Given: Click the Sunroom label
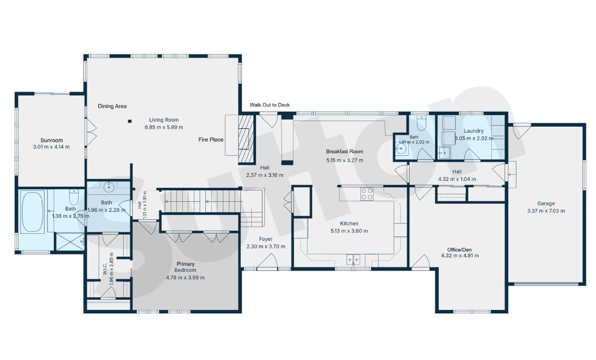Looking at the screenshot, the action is pyautogui.click(x=52, y=140).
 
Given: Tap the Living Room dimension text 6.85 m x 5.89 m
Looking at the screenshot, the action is pyautogui.click(x=164, y=127).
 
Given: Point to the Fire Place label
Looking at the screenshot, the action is pyautogui.click(x=211, y=140).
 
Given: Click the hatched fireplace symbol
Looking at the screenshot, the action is pyautogui.click(x=246, y=138).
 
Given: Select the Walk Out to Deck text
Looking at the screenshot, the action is pyautogui.click(x=269, y=105).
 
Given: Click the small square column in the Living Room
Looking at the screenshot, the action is pyautogui.click(x=130, y=121).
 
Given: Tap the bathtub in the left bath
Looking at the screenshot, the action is pyautogui.click(x=33, y=212).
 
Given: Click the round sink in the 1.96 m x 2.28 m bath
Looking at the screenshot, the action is pyautogui.click(x=109, y=187).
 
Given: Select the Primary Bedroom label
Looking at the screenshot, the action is pyautogui.click(x=185, y=267).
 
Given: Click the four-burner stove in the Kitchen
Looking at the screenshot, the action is pyautogui.click(x=367, y=194).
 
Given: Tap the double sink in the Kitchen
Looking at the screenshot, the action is pyautogui.click(x=353, y=260).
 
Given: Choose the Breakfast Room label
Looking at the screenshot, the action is pyautogui.click(x=345, y=151).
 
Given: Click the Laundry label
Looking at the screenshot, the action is pyautogui.click(x=474, y=131).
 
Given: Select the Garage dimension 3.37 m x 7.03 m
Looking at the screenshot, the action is pyautogui.click(x=546, y=211).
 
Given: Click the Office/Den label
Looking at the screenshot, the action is pyautogui.click(x=460, y=250).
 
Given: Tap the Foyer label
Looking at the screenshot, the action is pyautogui.click(x=265, y=239).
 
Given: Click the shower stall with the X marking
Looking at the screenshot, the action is pyautogui.click(x=70, y=241).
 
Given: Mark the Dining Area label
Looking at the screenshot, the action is pyautogui.click(x=112, y=106).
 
